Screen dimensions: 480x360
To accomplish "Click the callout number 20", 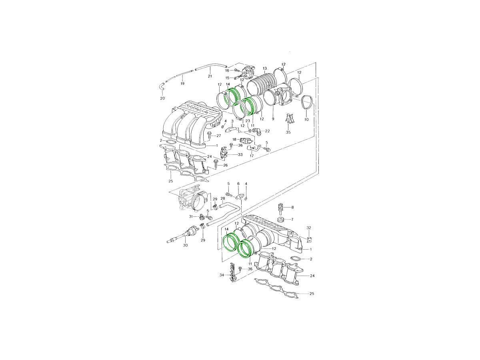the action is point(162,98).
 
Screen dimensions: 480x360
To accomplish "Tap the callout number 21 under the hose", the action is point(210,76).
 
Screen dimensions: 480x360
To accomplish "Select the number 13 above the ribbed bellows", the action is point(265,68).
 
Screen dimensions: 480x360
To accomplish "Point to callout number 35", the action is point(288,132).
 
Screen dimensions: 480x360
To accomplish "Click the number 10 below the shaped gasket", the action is point(306,120).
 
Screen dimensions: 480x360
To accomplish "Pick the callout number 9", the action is point(273,119).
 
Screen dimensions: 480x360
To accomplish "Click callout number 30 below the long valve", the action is point(185,245).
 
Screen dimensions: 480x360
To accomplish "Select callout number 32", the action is point(308,228).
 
